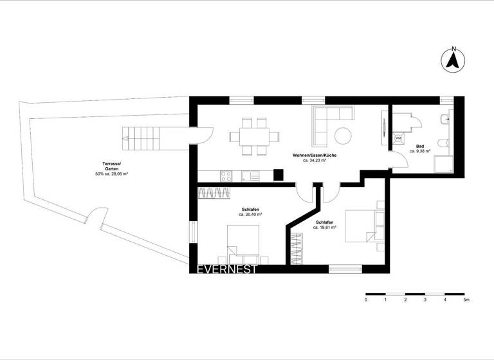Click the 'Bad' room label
[x=419, y=147]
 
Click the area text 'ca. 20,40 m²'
[x=251, y=215]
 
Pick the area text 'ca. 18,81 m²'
[x=324, y=227]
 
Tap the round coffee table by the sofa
[x=342, y=136]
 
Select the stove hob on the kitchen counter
[x=226, y=175]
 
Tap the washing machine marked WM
[x=398, y=138]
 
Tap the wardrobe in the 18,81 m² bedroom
[x=297, y=248]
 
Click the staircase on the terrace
[x=140, y=136]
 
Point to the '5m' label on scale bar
[x=466, y=300]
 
